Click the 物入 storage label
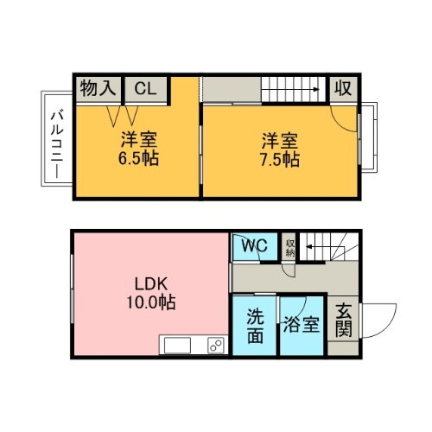tap(97, 88)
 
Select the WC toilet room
tap(253, 246)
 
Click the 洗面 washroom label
tap(253, 325)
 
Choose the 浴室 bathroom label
tap(302, 326)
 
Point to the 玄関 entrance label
tap(344, 319)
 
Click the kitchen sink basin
tap(177, 346)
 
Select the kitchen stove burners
tap(213, 346)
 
